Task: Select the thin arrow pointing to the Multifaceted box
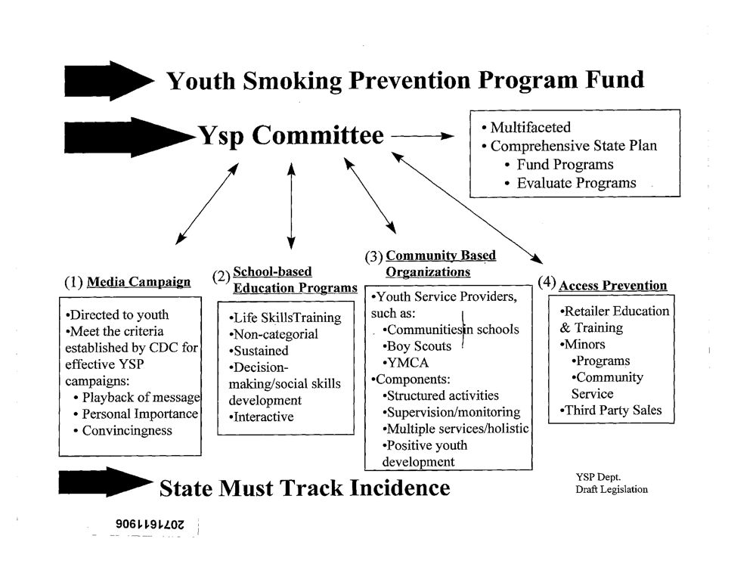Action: point(423,137)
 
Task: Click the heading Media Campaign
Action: point(139,283)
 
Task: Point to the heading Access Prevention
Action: point(612,286)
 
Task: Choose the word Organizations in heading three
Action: point(428,272)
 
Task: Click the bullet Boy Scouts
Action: point(419,346)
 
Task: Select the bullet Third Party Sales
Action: point(612,410)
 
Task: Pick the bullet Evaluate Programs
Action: point(576,183)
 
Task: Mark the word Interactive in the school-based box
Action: point(264,417)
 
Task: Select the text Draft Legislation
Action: point(612,489)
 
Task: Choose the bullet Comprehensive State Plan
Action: point(573,146)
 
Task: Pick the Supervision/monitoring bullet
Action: point(454,412)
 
